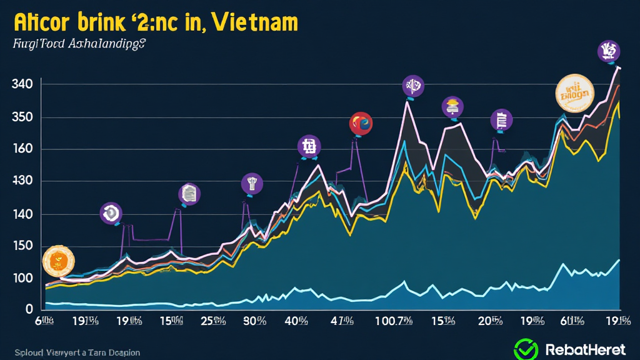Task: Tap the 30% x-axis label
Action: click(254, 322)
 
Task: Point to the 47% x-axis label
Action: click(342, 322)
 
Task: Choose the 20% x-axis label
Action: click(491, 322)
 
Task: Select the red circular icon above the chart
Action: click(361, 123)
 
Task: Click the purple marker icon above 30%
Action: click(252, 183)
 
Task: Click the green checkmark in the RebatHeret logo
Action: click(526, 349)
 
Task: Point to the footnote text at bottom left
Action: click(76, 352)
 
